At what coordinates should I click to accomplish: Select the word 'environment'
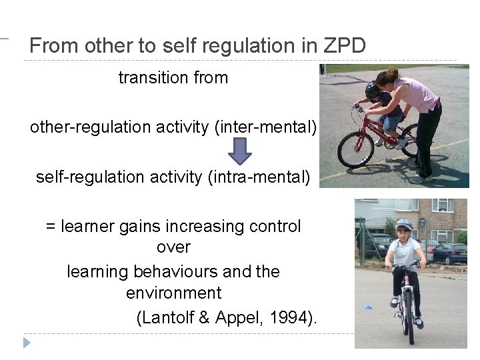click(x=173, y=293)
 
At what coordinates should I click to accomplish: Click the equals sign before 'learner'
click(x=51, y=227)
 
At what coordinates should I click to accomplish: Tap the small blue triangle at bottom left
click(x=27, y=343)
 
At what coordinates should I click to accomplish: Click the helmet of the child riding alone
click(x=404, y=225)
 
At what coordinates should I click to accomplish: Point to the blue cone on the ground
click(x=367, y=307)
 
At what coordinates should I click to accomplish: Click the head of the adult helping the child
click(x=387, y=79)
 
